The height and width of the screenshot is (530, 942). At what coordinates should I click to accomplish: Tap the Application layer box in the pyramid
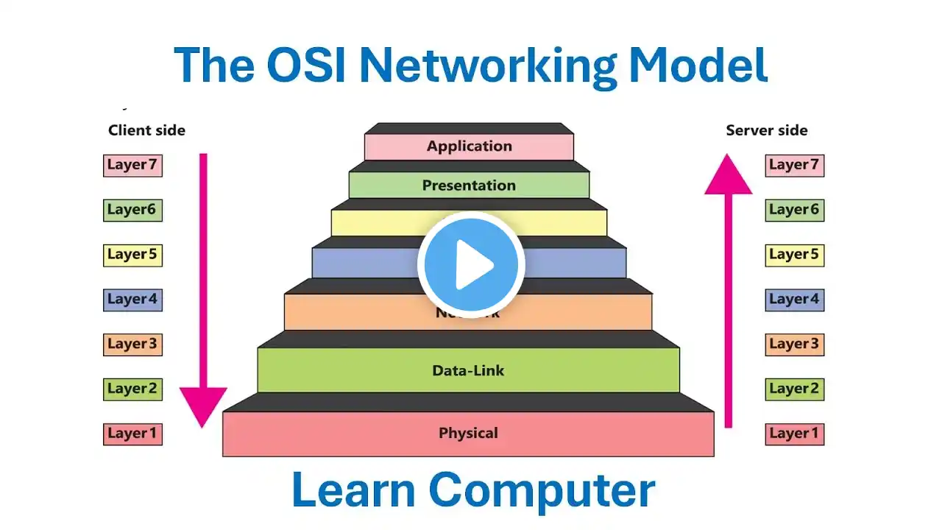[x=469, y=146]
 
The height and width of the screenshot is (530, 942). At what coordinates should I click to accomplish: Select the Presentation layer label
[x=469, y=185]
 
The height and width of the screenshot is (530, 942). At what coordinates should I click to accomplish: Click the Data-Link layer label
[x=468, y=370]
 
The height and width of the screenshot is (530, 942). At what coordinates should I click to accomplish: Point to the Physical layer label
[x=468, y=433]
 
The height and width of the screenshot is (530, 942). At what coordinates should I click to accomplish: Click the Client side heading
[x=146, y=130]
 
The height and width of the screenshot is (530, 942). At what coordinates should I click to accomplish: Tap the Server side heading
[x=766, y=130]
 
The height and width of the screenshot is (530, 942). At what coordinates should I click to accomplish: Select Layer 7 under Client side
[x=132, y=165]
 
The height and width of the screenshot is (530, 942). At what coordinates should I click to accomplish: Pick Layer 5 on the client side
[x=132, y=255]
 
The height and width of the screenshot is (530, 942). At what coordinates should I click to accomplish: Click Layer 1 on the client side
[x=132, y=434]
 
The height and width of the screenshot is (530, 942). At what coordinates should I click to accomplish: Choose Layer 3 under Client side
[x=132, y=344]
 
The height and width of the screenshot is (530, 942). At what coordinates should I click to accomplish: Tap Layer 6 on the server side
[x=794, y=210]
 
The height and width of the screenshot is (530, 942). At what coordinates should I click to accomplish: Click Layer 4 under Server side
[x=794, y=300]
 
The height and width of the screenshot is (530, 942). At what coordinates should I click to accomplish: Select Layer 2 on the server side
[x=794, y=389]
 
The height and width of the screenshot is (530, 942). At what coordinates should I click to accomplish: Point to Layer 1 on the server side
[x=794, y=434]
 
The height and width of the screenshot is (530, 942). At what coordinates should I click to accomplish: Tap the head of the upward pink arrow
[x=729, y=174]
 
